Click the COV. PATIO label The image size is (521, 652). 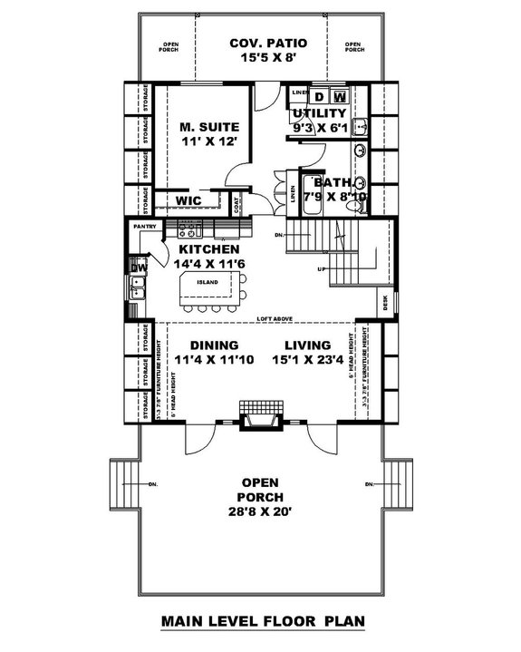click(x=267, y=43)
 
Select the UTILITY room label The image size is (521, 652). click(x=318, y=113)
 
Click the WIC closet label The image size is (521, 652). click(x=188, y=199)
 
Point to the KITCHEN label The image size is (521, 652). click(x=208, y=248)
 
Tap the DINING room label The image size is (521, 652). click(x=214, y=345)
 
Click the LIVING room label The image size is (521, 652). click(x=309, y=345)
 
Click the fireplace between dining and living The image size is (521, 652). click(x=260, y=417)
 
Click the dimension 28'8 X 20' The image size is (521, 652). click(x=260, y=511)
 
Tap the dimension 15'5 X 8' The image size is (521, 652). click(x=267, y=58)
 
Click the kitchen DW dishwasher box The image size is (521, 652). click(x=139, y=268)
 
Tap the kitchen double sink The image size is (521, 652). click(x=140, y=288)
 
